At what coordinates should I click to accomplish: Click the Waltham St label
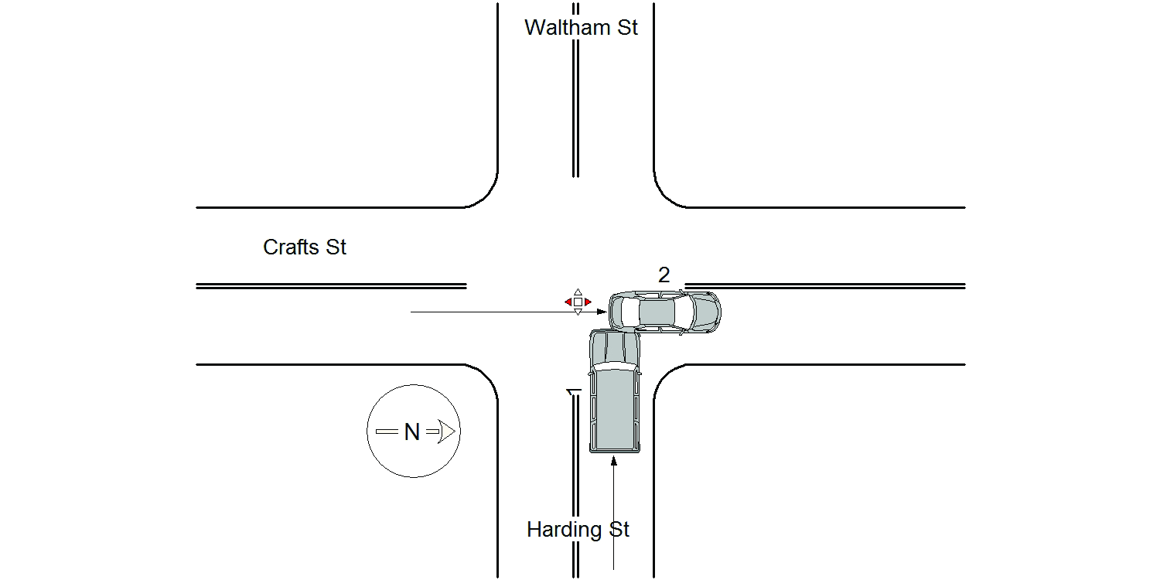[x=581, y=27]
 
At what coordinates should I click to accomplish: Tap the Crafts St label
[x=305, y=247]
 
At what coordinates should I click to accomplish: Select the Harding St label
[x=578, y=529]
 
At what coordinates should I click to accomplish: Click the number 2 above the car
[x=664, y=275]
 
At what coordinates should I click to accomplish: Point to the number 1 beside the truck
[x=574, y=392]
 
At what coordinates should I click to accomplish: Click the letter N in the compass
[x=411, y=432]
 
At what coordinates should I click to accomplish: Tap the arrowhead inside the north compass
[x=447, y=432]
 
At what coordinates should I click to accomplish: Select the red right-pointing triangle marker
[x=588, y=302]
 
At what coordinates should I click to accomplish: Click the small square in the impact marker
[x=578, y=302]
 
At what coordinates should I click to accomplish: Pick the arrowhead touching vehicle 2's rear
[x=602, y=312]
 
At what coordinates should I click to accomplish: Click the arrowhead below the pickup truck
[x=614, y=461]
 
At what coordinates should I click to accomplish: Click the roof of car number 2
[x=657, y=312]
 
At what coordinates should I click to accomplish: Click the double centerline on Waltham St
[x=576, y=90]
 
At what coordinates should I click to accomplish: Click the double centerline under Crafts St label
[x=332, y=286]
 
